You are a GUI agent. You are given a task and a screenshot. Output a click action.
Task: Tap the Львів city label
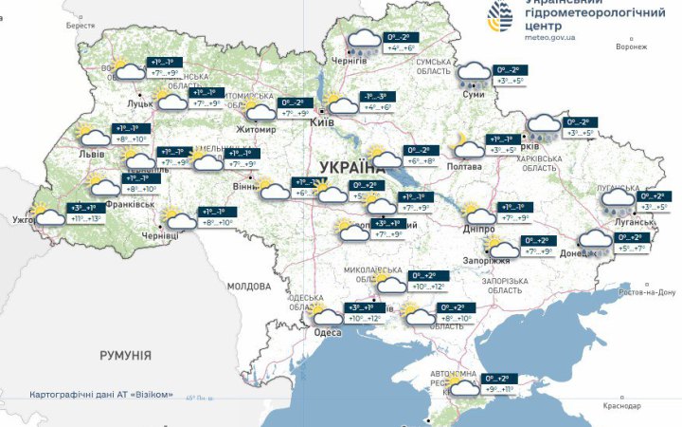[93, 152]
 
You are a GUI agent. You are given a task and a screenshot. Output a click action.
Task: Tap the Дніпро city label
[479, 230]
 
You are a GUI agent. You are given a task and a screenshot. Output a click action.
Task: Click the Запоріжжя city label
[487, 260]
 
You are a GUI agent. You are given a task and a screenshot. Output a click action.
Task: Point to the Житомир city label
[255, 129]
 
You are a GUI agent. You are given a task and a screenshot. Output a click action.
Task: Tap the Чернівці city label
[158, 234]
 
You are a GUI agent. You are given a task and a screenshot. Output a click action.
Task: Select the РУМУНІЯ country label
[125, 354]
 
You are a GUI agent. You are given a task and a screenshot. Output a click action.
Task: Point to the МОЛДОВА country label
[249, 286]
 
